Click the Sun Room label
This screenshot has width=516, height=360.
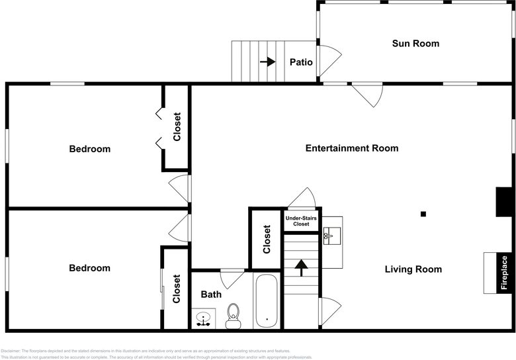pos(415,44)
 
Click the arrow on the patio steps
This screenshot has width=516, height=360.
pos(267,62)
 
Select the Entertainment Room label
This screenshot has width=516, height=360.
pos(351,148)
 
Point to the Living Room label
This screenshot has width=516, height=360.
pos(413,269)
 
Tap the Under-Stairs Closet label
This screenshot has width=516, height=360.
pos(302,221)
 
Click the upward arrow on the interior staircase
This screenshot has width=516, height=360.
pos(302,267)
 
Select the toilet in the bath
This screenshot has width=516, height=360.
pos(233,316)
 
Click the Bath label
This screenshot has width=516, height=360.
pos(211,294)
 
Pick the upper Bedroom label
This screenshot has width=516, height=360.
pos(90,149)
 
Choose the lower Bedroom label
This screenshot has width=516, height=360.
pos(90,268)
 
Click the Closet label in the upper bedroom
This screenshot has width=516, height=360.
pos(177,127)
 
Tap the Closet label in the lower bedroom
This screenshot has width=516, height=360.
pos(177,289)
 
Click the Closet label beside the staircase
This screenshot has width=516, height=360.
pos(267,240)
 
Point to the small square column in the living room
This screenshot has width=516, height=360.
pos(423,214)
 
